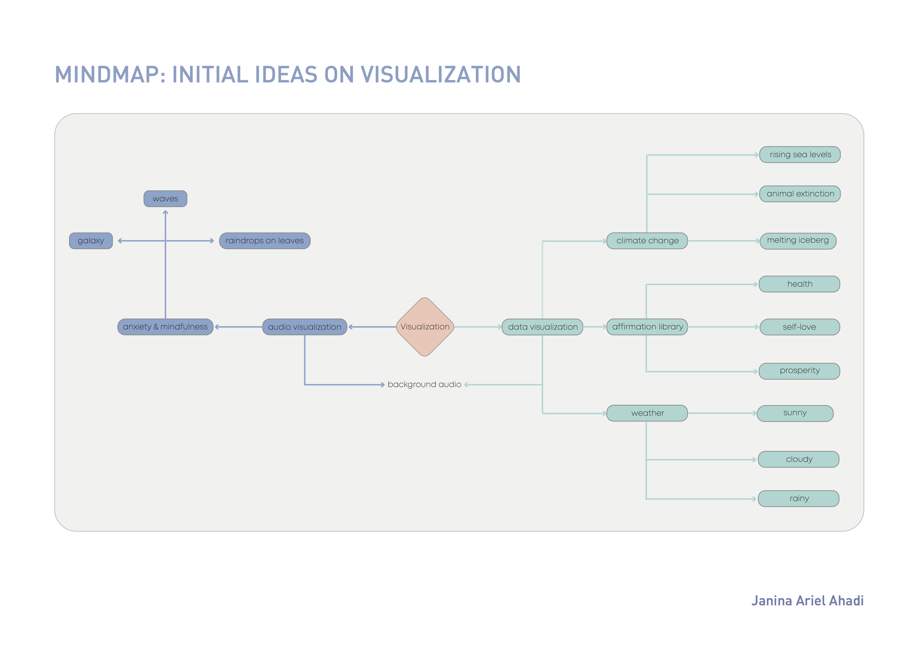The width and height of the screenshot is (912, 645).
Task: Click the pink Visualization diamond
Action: coord(425,327)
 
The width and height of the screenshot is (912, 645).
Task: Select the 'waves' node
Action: coord(165,199)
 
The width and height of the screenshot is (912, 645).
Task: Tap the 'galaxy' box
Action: coord(91,241)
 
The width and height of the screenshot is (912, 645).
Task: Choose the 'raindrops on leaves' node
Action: coord(264,241)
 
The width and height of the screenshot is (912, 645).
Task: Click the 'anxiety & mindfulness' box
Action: coord(165,327)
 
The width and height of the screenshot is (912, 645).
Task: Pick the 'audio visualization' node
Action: coord(305,327)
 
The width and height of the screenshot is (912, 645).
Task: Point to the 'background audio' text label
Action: coord(424,384)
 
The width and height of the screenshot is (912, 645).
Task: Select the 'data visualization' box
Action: coord(542,327)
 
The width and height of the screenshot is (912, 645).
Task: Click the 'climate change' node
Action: coord(647,241)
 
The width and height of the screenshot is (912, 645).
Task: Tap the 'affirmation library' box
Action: coord(647,327)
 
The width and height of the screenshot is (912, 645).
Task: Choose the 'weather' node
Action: coord(647,413)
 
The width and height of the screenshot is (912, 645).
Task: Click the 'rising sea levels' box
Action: coord(800,155)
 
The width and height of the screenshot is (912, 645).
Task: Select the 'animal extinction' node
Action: coord(800,194)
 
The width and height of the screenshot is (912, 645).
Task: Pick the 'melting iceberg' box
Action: coord(798,241)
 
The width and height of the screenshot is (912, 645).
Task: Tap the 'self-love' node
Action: coord(800,327)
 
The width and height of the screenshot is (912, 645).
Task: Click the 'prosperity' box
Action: coord(799,371)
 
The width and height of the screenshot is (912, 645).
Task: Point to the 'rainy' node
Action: coord(799,498)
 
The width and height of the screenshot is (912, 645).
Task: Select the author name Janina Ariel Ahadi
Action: coord(807,600)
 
